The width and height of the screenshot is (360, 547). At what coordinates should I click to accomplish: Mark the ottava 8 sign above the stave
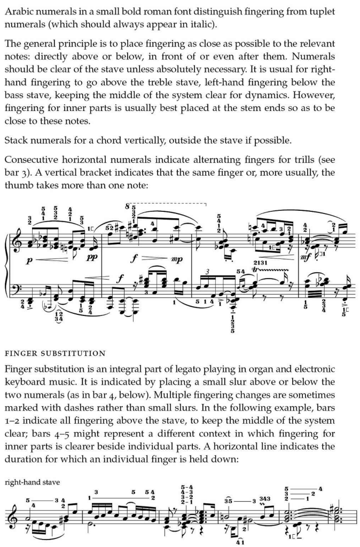(x=127, y=207)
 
